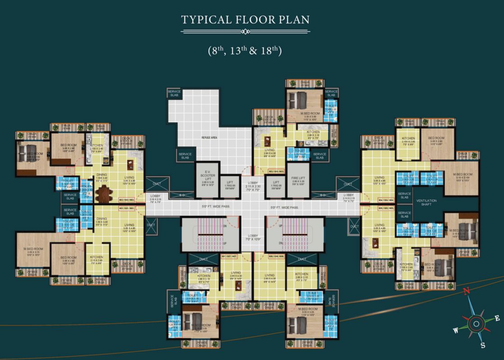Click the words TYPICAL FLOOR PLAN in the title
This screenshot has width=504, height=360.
[245, 20]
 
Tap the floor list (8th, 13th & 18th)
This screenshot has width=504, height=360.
[245, 50]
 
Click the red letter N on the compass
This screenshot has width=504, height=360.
[467, 291]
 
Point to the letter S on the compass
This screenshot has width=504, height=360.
[482, 346]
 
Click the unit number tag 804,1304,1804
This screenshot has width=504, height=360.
[386, 198]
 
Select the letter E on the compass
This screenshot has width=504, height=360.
[497, 318]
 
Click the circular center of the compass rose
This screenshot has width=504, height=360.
[476, 322]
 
